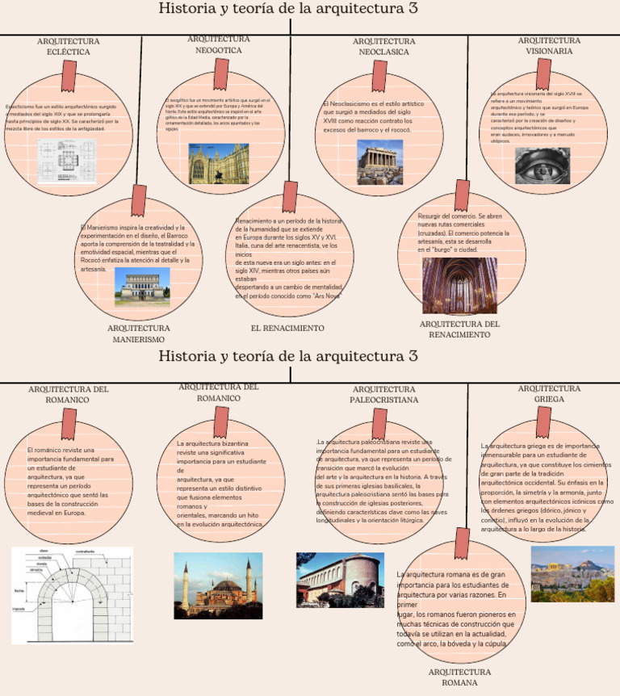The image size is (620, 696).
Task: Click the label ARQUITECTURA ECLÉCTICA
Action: pos(69,46)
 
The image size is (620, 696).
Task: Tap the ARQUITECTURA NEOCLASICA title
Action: pos(383,46)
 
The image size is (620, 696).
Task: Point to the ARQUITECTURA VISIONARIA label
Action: pos(549,45)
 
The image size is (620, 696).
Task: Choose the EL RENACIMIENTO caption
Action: pos(287,329)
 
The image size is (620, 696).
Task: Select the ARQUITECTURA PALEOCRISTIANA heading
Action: pos(384,394)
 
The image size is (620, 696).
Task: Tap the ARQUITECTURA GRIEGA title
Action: pos(549,393)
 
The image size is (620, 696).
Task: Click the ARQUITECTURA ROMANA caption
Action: pos(459,677)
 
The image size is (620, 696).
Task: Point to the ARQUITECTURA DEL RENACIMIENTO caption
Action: pos(460,329)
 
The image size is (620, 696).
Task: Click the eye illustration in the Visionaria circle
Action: pos(542,166)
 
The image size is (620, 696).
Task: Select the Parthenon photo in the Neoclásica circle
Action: pos(379,162)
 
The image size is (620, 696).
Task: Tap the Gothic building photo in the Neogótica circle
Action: pos(219,162)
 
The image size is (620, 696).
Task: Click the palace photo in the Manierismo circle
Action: pos(142,287)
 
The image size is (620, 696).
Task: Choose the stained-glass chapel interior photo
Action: pos(459,285)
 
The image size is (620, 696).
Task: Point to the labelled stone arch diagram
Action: pos(72,595)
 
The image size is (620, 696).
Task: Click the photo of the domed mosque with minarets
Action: pos(218,585)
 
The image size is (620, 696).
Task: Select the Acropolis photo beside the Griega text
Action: pos(572,573)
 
